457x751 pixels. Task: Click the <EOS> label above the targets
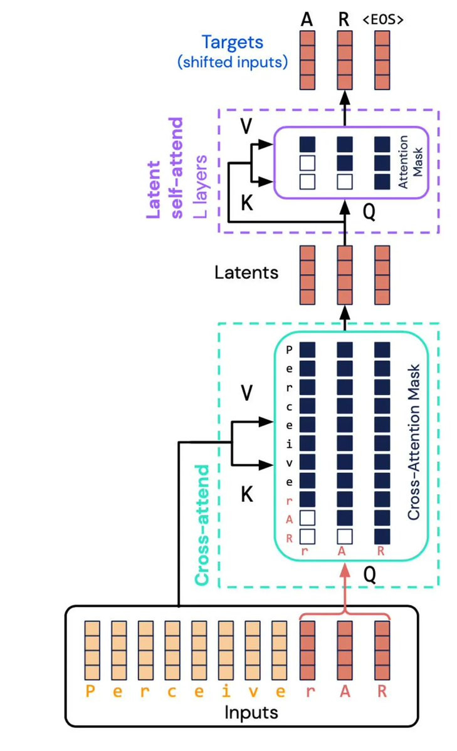(382, 19)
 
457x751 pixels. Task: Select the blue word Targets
(232, 43)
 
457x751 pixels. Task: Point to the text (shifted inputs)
(232, 62)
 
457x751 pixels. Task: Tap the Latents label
(246, 272)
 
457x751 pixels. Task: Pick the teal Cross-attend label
(202, 526)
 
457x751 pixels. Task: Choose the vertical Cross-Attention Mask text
(413, 442)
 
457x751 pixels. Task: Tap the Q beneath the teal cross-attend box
(369, 574)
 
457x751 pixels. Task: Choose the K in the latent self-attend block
(247, 204)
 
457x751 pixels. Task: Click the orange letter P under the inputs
(92, 691)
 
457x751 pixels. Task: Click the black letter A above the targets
(307, 19)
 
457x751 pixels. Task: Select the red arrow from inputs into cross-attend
(344, 586)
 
